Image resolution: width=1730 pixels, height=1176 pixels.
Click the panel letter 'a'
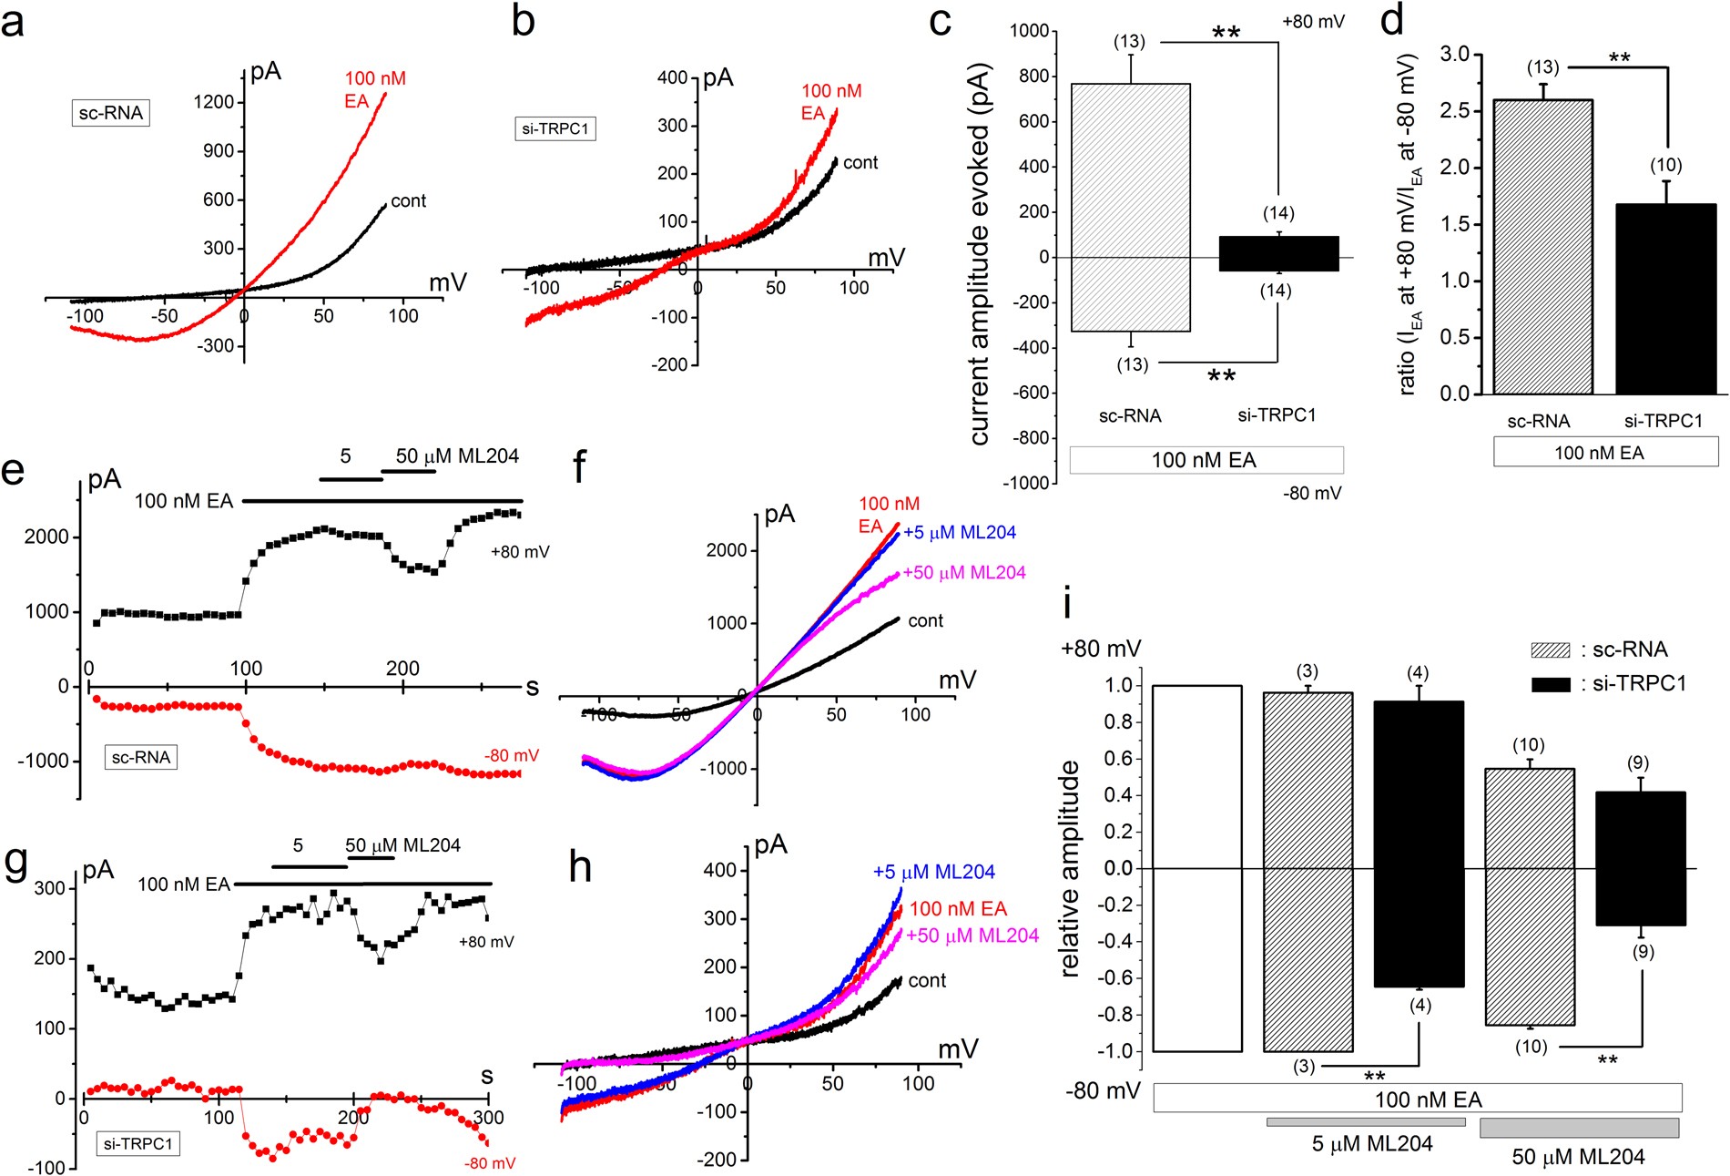13,22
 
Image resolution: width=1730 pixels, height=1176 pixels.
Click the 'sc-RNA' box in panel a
110,113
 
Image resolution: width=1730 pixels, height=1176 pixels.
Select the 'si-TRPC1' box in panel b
555,128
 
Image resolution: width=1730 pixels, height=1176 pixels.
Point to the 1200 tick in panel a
214,102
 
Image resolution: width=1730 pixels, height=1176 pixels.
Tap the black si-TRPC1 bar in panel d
1665,299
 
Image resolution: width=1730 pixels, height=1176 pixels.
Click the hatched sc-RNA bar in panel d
1542,246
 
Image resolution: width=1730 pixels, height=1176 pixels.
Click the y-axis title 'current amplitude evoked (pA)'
980,254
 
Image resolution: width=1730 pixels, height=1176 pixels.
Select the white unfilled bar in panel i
1196,868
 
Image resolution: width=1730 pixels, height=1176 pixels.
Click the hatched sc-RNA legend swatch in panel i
1551,650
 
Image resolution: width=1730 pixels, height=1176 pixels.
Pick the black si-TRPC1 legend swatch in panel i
1551,684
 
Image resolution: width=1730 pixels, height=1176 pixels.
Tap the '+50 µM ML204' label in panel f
963,573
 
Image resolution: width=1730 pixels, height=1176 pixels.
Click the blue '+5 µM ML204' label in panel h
933,872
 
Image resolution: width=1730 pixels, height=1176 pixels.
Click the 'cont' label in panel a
408,201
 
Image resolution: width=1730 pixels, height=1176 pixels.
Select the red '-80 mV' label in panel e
511,756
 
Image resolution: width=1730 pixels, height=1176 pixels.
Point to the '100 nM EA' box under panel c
1206,460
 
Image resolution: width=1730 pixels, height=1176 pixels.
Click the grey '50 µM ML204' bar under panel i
1579,1128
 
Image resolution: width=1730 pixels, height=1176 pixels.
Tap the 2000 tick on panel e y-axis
46,537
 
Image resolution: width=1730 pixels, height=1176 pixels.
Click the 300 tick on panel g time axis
488,1118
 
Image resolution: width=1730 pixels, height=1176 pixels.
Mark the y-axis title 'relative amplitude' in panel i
1071,868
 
